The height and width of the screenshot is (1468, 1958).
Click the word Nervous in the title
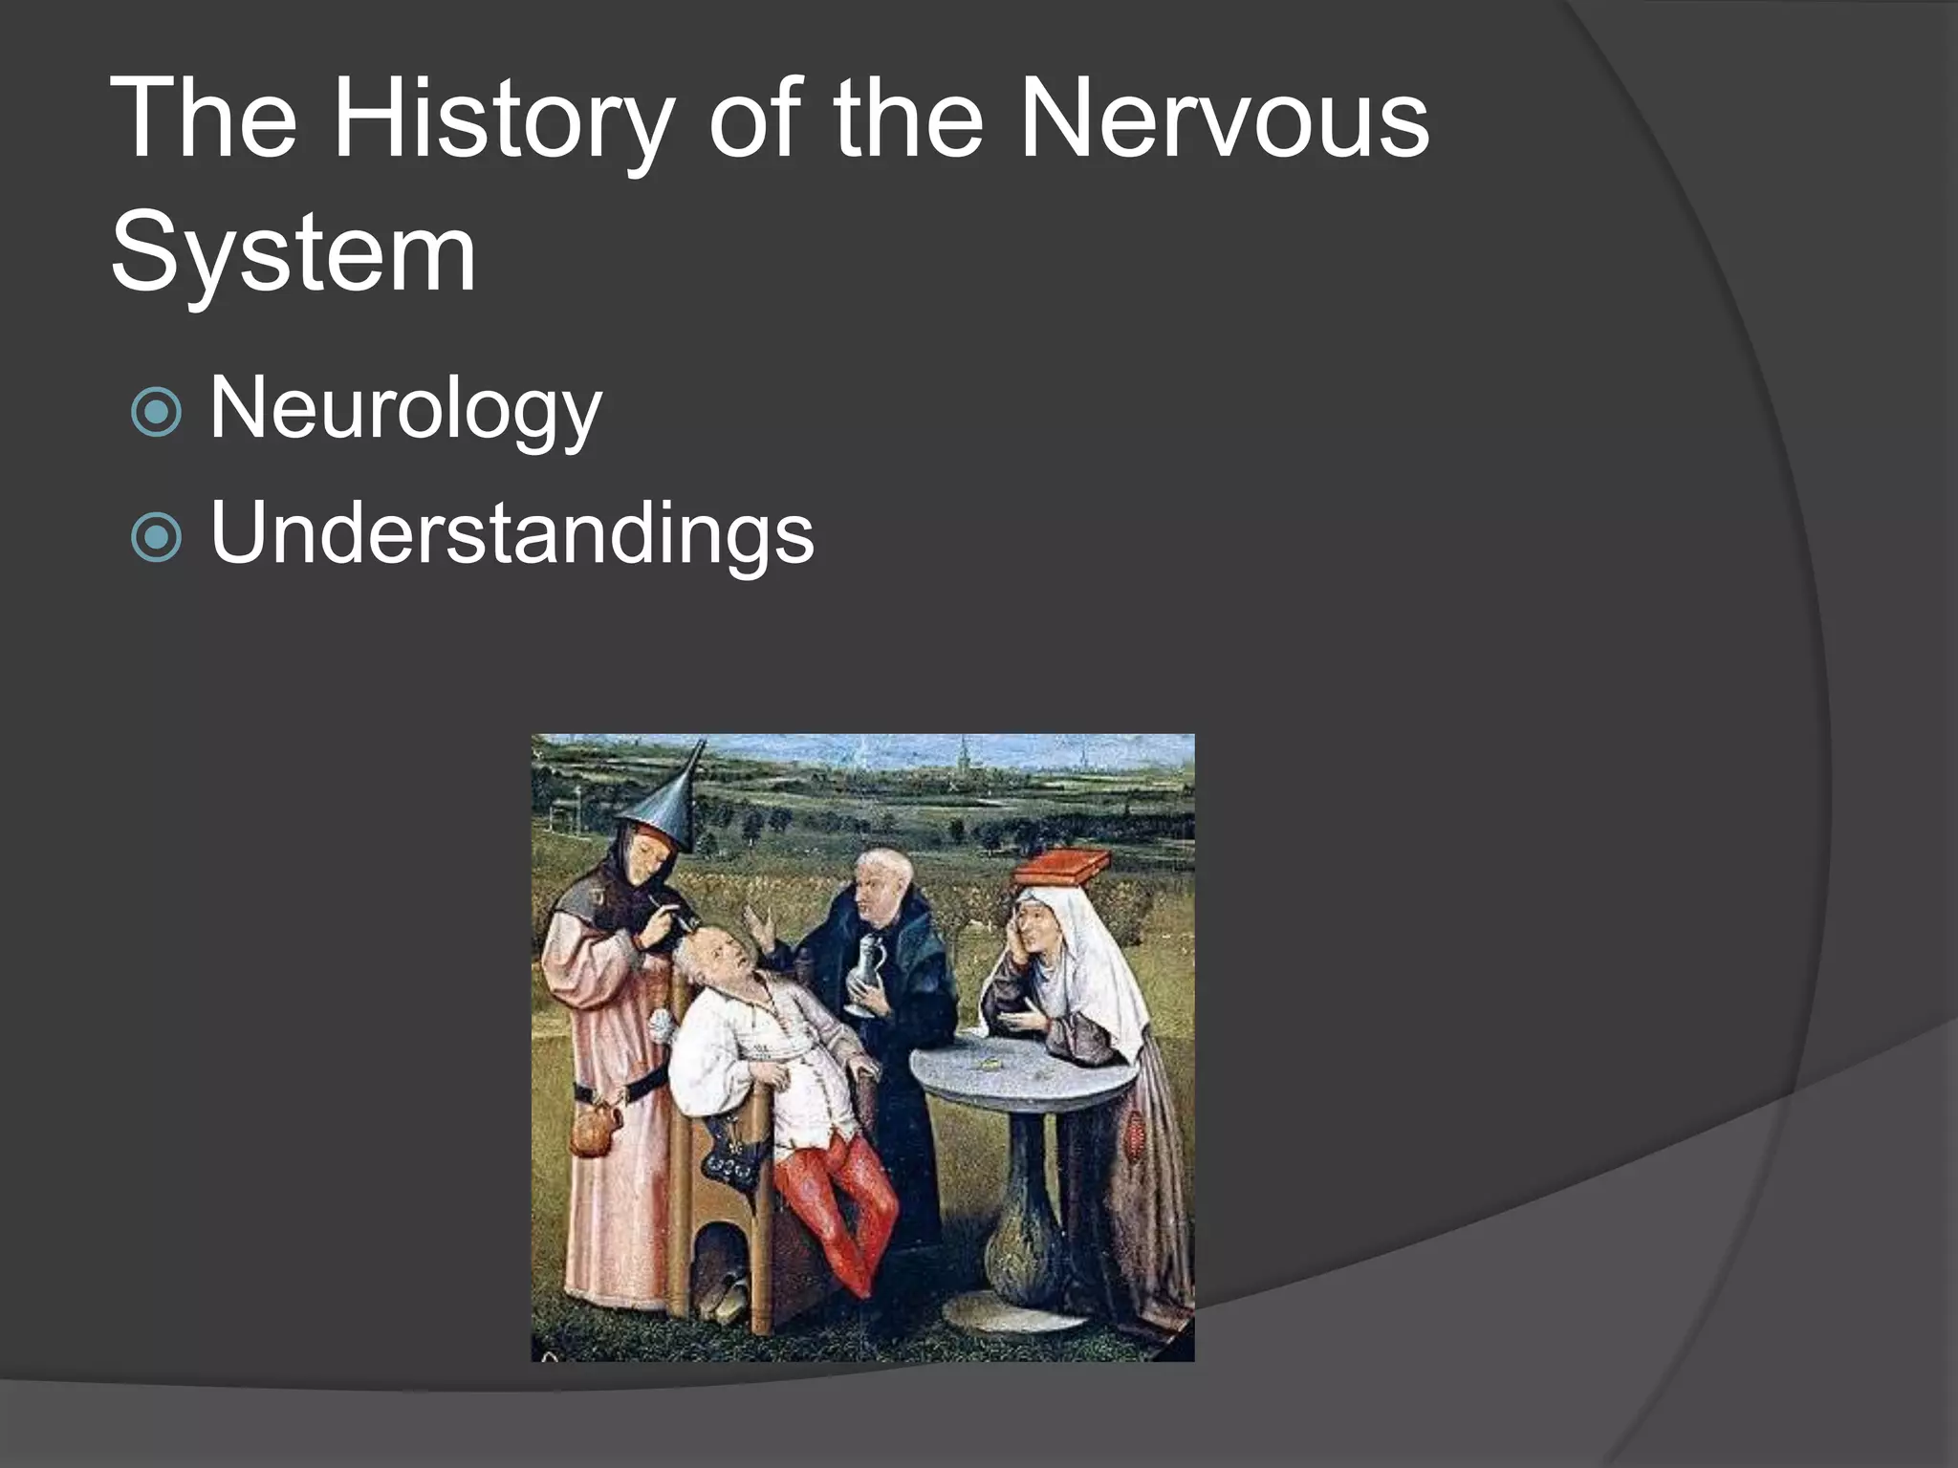(x=1224, y=122)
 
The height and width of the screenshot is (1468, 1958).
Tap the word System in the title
(x=293, y=254)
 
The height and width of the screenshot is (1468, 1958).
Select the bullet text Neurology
(x=405, y=409)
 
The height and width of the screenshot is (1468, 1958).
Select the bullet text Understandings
(x=511, y=533)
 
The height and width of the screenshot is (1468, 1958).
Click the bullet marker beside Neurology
(x=156, y=413)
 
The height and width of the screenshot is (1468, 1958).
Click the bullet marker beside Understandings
(x=156, y=537)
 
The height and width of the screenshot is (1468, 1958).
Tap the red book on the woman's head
(x=1063, y=868)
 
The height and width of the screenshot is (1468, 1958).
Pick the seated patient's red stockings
(x=841, y=1204)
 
